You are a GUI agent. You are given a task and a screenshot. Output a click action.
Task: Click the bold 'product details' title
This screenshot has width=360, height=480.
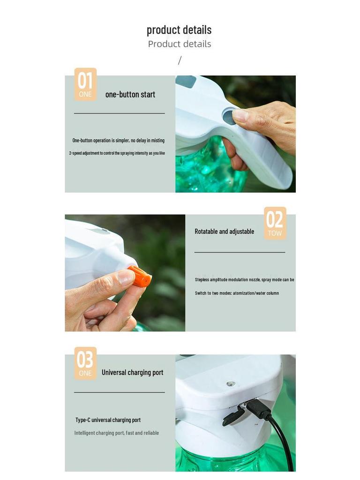179,30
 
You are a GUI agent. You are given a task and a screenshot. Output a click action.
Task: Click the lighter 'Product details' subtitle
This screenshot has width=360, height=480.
180,44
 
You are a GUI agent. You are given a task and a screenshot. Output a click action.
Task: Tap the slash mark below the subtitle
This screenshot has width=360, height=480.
180,60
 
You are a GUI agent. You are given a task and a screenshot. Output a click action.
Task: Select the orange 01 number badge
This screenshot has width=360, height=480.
85,84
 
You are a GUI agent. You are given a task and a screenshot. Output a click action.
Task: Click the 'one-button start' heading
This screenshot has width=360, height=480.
130,94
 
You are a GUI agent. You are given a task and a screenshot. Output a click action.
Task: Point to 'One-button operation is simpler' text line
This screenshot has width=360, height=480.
118,140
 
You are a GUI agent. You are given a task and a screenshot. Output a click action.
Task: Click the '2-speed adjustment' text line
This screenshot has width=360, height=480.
117,153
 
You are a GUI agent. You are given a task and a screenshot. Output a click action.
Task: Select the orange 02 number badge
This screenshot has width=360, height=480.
275,223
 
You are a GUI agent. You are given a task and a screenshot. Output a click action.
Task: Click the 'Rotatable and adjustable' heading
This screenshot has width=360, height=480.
224,232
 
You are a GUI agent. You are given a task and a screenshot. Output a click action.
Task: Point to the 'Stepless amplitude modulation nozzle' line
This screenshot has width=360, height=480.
244,280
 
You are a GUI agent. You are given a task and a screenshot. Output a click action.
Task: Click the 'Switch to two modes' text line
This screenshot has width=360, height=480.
237,293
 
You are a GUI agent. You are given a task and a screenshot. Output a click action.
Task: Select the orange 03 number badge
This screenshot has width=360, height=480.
85,363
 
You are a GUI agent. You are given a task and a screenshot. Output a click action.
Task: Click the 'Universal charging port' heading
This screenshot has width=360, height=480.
132,373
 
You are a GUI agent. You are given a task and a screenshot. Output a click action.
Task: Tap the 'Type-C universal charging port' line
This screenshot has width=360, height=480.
108,420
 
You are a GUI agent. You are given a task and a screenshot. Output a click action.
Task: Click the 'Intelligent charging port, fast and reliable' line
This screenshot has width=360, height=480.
116,433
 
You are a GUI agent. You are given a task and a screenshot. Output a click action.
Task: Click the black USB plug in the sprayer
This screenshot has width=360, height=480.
257,409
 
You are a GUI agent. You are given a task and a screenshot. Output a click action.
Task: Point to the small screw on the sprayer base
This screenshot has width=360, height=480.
230,384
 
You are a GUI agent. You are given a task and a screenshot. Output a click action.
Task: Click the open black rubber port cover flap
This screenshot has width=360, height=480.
233,417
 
